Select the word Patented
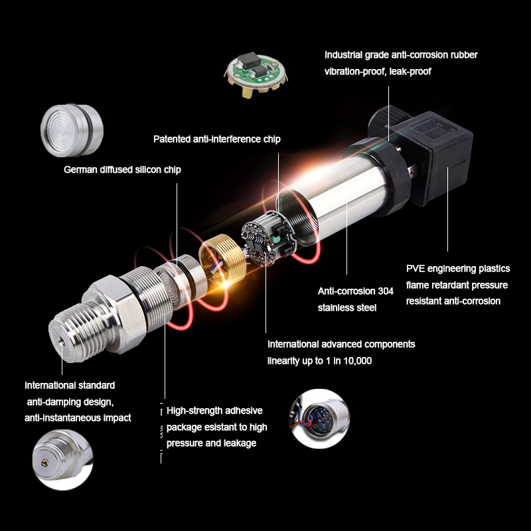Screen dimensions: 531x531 [173, 139]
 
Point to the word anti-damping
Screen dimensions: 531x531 [56, 402]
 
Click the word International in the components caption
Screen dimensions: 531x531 [296, 344]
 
